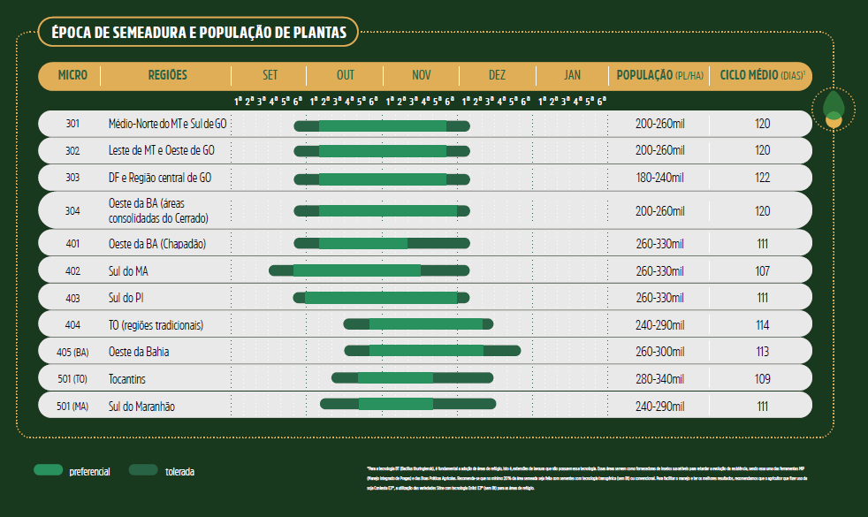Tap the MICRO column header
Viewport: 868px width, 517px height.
[72, 75]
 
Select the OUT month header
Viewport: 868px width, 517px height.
[345, 75]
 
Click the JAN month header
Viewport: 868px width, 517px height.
[572, 75]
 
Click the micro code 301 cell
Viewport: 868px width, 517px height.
[72, 124]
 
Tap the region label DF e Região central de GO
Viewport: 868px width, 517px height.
[159, 178]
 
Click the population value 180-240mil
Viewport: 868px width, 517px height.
[659, 178]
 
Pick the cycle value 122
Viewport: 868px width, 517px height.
[763, 178]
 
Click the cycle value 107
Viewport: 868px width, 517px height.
[763, 270]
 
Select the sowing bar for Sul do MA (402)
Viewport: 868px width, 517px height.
[357, 270]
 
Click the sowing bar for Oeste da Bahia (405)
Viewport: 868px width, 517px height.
[432, 351]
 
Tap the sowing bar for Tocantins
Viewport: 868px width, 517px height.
[412, 378]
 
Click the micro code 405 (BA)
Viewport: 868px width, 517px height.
[72, 352]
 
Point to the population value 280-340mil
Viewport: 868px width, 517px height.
[659, 379]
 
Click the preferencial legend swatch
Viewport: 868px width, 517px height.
[47, 470]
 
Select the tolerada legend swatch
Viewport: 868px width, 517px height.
[142, 470]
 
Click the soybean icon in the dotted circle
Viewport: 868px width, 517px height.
[833, 108]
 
